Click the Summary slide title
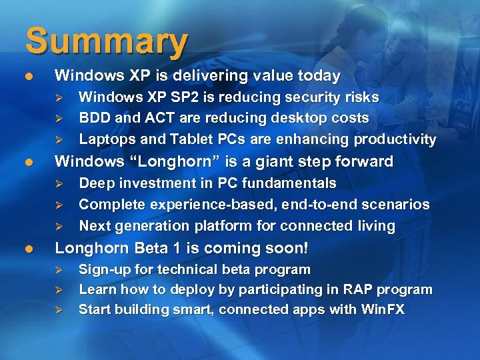coord(107,41)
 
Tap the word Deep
coord(96,183)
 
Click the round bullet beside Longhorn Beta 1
coord(28,248)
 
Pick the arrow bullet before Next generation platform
coord(58,226)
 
